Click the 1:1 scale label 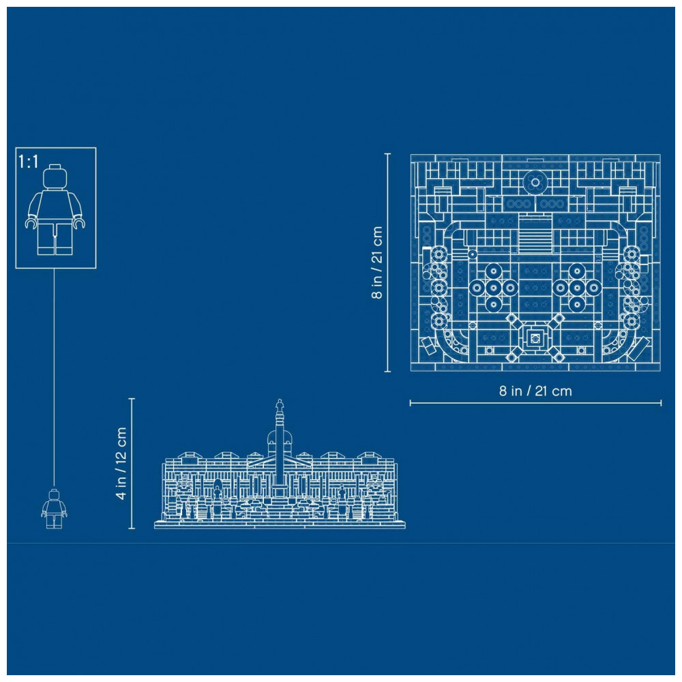point(28,162)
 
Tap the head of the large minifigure point(55,176)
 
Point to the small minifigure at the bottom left point(54,509)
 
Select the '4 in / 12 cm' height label point(121,463)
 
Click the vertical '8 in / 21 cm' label point(376,263)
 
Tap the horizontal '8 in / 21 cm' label point(535,391)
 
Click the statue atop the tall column point(279,405)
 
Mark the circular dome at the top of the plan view point(535,182)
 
